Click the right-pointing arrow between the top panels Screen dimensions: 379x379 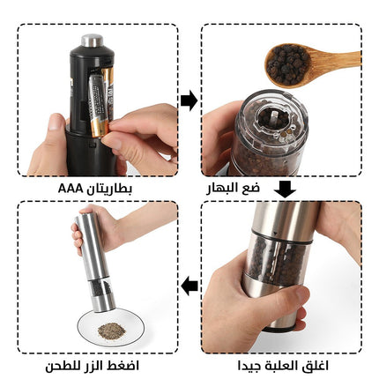pyautogui.click(x=189, y=100)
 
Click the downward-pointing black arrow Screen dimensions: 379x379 pyautogui.click(x=285, y=189)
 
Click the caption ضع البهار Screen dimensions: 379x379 pyautogui.click(x=233, y=188)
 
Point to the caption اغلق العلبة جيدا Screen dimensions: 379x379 pyautogui.click(x=283, y=366)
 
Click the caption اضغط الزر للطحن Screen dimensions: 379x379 pyautogui.click(x=92, y=366)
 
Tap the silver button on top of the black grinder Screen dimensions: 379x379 pyautogui.click(x=92, y=41)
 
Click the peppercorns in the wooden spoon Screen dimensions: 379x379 pyautogui.click(x=287, y=63)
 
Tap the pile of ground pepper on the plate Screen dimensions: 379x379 pyautogui.click(x=111, y=330)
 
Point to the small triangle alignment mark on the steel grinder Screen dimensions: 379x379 pyautogui.click(x=275, y=234)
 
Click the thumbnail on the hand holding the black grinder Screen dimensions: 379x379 pyautogui.click(x=55, y=123)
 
